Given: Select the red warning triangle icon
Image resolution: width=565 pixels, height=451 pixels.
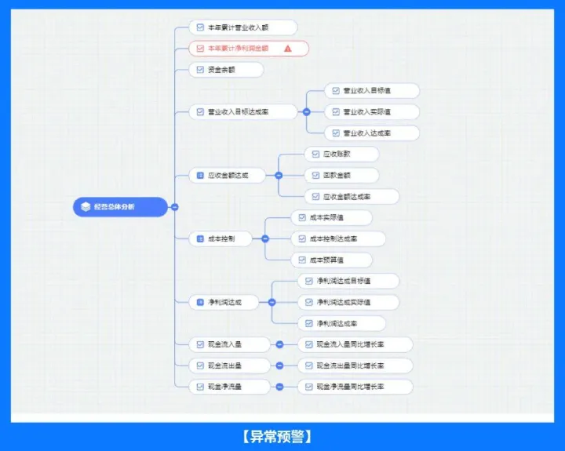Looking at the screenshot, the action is (288, 49).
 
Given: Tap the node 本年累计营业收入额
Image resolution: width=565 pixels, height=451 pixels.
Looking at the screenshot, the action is (243, 27).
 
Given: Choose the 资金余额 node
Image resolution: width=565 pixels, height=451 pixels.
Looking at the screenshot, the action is (226, 70).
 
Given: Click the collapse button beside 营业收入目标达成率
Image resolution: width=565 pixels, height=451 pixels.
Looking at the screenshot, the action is (306, 112).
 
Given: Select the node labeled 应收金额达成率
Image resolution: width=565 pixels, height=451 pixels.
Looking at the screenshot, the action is (351, 196).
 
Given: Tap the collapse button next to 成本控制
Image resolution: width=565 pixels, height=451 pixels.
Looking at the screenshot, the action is (265, 238).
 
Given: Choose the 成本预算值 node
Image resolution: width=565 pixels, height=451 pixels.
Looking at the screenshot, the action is (330, 260).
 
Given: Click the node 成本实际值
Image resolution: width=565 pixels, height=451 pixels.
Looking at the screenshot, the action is (330, 217).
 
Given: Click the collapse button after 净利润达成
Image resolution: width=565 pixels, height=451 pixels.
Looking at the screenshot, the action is (272, 302).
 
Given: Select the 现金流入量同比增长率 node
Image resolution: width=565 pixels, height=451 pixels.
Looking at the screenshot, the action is (355, 344).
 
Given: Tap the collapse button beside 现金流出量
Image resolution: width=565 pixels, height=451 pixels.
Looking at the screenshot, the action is (279, 366).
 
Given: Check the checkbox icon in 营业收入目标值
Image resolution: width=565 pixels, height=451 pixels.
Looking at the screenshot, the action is (336, 91).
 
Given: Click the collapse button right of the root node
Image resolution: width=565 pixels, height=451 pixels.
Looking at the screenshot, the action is (174, 207).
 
